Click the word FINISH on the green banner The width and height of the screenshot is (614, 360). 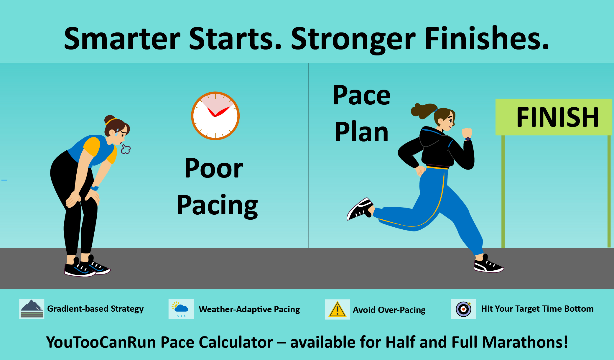557,117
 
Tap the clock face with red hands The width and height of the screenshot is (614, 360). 215,116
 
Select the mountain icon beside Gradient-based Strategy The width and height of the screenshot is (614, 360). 32,309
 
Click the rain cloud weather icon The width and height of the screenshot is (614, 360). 181,309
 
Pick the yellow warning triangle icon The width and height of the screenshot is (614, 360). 337,309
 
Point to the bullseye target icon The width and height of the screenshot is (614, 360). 463,309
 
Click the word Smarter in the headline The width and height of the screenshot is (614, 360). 122,39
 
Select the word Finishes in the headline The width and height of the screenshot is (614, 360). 487,39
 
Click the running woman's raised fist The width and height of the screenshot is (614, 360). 467,133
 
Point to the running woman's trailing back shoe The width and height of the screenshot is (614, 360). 360,209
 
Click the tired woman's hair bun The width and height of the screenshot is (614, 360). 109,119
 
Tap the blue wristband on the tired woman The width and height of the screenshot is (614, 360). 94,188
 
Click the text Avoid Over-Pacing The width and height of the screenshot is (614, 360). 389,310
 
